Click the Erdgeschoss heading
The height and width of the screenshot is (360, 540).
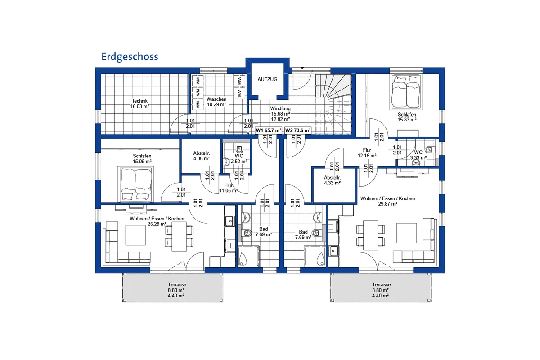pos(130,57)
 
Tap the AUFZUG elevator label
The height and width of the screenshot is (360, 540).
pos(267,79)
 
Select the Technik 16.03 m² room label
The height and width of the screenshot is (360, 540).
pos(139,103)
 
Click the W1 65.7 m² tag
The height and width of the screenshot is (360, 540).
pos(269,130)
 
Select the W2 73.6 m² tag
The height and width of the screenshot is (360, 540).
pos(298,130)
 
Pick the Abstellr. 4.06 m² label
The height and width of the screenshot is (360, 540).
pos(201,155)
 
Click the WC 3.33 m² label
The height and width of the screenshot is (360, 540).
pos(418,154)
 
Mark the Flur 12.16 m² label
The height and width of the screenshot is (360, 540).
pos(367,153)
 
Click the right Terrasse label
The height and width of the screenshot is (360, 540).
pos(381,290)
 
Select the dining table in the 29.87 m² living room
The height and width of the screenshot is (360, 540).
pos(371,235)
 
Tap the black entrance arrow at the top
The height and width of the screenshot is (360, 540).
pos(302,68)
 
